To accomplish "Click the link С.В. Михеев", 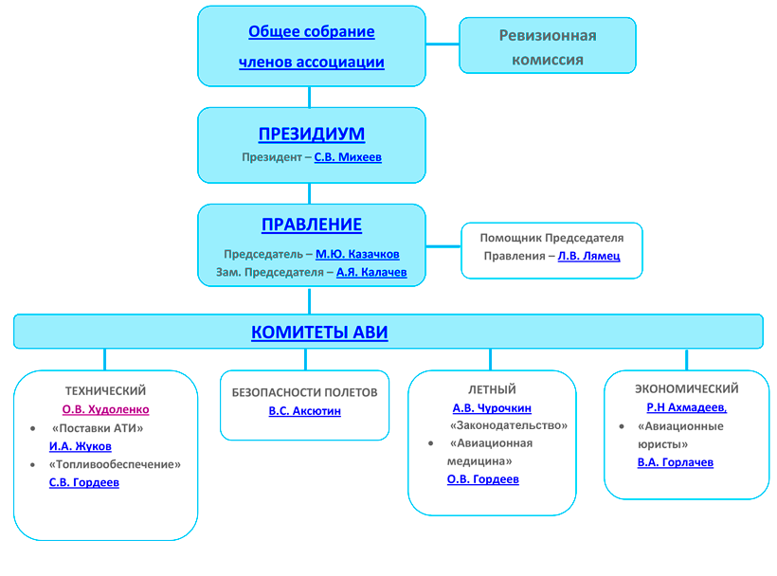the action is coord(348,157).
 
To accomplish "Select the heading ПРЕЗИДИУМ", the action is coord(312,134).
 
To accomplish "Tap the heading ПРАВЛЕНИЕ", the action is coord(312,225).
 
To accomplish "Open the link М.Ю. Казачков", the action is coord(357,254).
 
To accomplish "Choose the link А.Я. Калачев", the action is coord(371,272).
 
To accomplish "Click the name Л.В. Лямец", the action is coord(588,256).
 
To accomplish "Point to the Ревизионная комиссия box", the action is coord(548,45).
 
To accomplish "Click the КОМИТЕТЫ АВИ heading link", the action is coord(319,332).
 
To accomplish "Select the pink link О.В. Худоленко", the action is coord(105,409).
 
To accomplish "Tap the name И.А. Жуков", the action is coord(81,446).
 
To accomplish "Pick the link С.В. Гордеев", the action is coord(84,482).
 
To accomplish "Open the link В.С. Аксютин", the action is coord(305,411).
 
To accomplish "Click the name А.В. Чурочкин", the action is coord(492,408).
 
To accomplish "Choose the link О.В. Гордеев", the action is coord(483,479).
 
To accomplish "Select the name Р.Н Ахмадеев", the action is coord(686,407).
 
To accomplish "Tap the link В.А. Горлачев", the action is coord(676,462).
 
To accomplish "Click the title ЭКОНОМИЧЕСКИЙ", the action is coord(687,388).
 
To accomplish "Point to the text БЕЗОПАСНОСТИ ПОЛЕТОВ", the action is coord(305,392).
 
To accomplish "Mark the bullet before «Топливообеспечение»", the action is coord(33,464).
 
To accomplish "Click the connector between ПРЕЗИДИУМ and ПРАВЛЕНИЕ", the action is coord(310,193).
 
